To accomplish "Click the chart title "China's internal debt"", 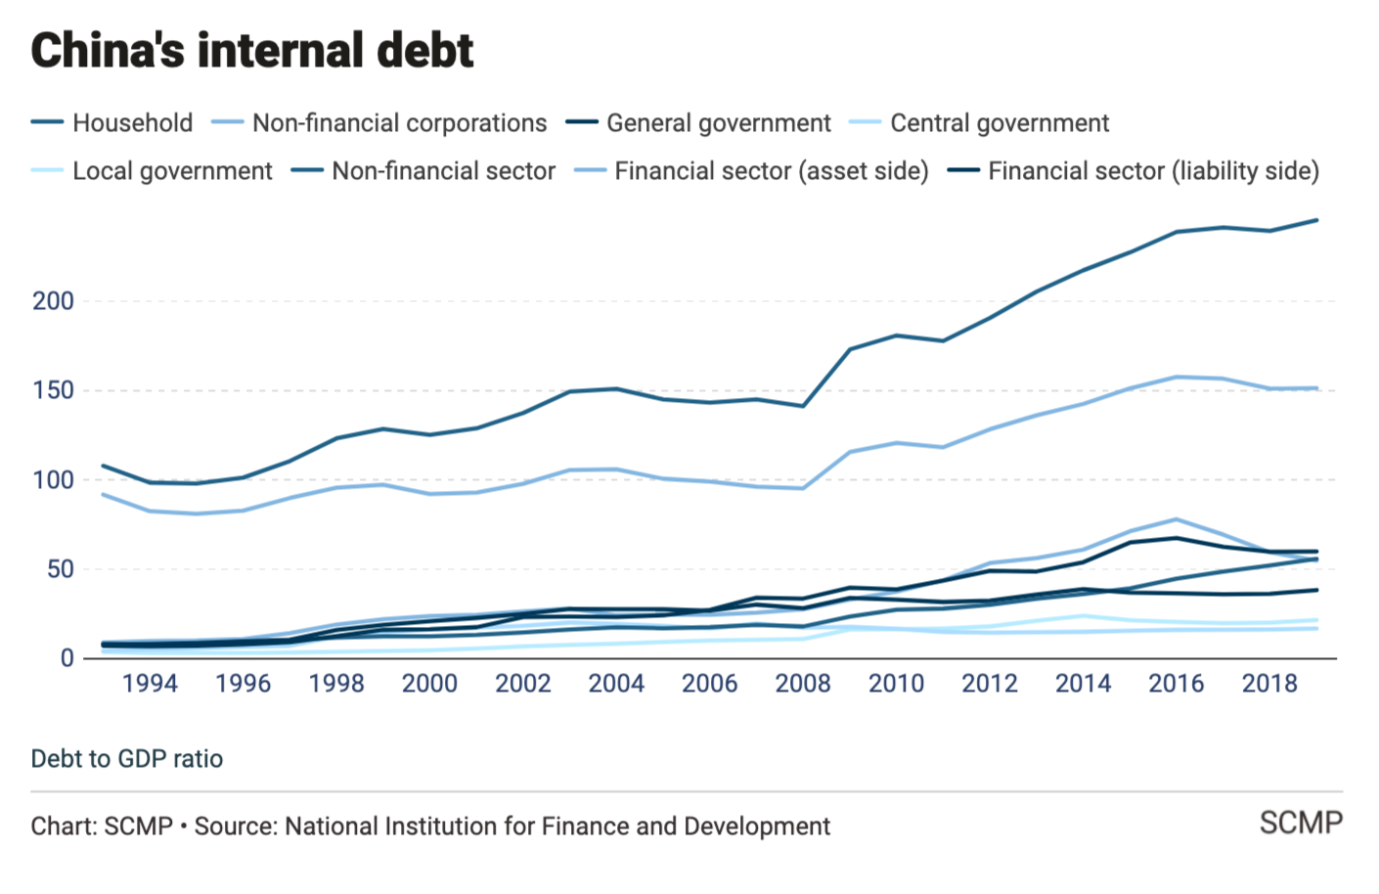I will click(252, 51).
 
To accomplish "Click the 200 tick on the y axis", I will click(53, 301).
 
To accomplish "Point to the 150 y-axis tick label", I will click(53, 390).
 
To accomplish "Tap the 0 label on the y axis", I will click(67, 658).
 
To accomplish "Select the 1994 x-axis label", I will click(150, 684).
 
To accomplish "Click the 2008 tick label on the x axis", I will click(803, 684).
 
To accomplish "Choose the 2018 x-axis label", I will click(1269, 684).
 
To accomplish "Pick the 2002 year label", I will click(523, 684).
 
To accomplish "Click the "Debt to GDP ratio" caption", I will click(127, 759).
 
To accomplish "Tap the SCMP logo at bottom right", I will click(1301, 824).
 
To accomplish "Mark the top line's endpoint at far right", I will click(1317, 220).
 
